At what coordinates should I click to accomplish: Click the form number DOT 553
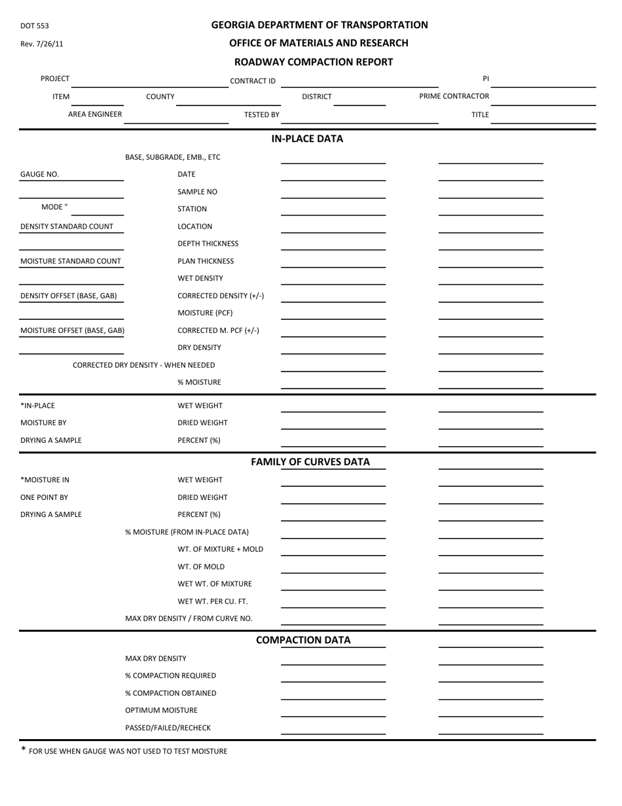[x=35, y=26]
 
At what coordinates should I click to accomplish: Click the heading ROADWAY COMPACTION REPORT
[x=313, y=62]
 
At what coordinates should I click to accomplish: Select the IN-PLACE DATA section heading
[x=307, y=139]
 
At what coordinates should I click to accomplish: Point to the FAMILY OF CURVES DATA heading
[x=310, y=462]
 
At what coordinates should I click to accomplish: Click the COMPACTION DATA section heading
[x=303, y=640]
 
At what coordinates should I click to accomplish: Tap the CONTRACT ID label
[x=253, y=81]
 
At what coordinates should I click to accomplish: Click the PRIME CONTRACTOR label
[x=454, y=96]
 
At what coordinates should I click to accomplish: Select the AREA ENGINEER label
[x=95, y=114]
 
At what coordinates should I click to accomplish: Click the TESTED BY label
[x=261, y=115]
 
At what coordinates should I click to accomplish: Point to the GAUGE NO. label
[x=39, y=174]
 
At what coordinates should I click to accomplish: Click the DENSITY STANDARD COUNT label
[x=67, y=227]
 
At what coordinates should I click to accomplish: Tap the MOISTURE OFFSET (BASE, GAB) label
[x=73, y=330]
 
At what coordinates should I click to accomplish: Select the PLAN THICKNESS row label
[x=206, y=261]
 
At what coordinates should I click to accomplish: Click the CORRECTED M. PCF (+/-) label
[x=218, y=330]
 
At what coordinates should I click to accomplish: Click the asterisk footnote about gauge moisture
[x=124, y=751]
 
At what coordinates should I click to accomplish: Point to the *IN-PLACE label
[x=38, y=406]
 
